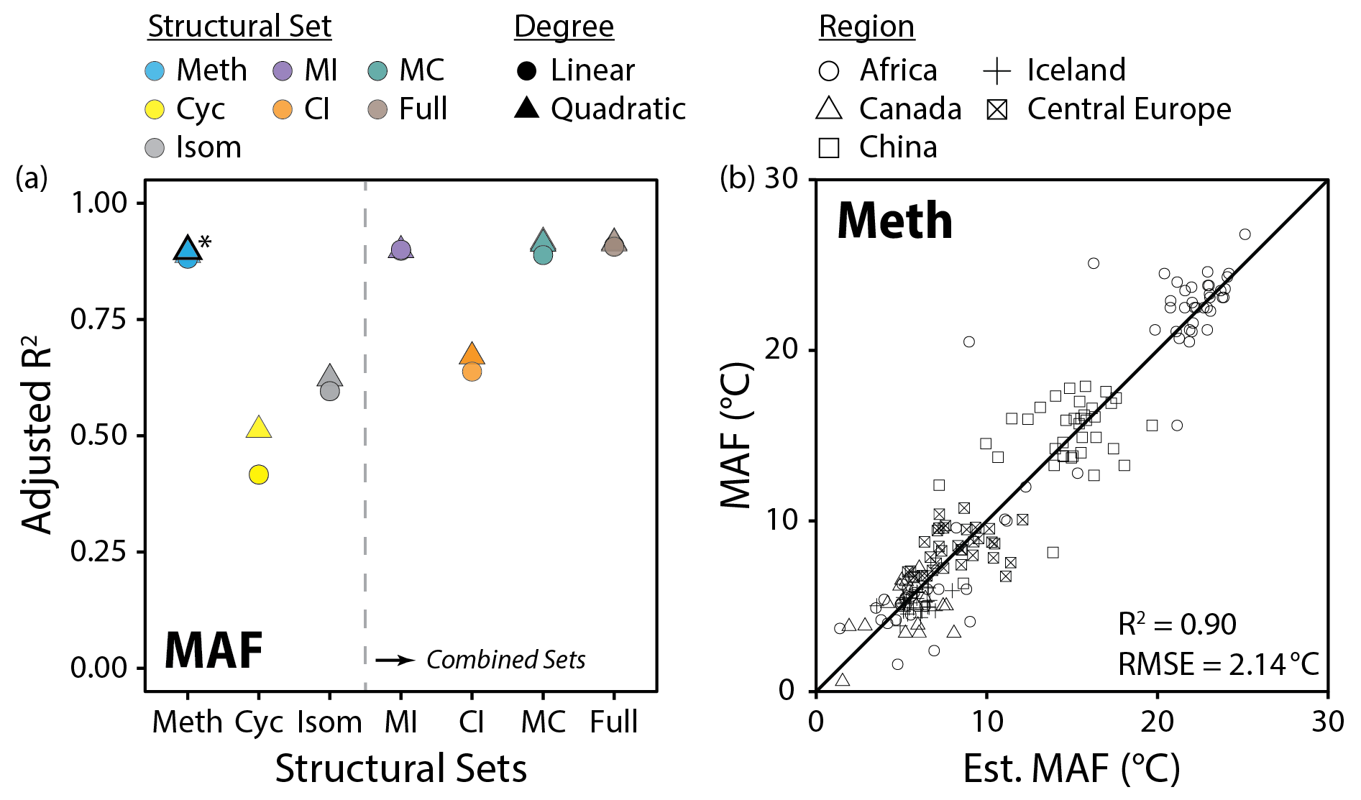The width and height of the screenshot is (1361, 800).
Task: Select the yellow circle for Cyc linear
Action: coord(259,474)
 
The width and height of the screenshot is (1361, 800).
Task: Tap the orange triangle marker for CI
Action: coord(472,354)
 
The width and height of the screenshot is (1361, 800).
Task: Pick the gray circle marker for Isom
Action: coord(329,391)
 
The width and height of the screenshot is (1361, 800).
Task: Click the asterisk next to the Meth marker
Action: coord(205,242)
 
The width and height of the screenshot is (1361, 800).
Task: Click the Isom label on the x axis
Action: coord(329,722)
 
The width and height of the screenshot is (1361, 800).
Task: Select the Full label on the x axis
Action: coord(613,722)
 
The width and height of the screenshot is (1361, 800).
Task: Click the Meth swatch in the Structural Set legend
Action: coord(155,71)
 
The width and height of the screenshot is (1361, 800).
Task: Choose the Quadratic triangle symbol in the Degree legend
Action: coord(527,109)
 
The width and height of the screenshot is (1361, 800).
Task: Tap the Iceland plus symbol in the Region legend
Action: coord(996,71)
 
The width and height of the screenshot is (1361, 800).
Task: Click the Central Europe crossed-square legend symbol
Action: coord(996,110)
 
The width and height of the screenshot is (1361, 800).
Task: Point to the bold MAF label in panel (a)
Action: coord(214,650)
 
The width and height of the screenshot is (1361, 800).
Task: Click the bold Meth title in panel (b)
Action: coord(894,221)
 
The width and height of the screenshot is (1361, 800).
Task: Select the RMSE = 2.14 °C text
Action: coord(1218,664)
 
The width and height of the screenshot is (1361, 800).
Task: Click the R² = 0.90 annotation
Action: coord(1177,624)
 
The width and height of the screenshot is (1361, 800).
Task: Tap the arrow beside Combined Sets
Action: coord(395,660)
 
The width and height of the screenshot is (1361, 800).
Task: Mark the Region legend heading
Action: coord(866,27)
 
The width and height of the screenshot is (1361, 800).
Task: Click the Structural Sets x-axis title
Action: coord(400,768)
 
